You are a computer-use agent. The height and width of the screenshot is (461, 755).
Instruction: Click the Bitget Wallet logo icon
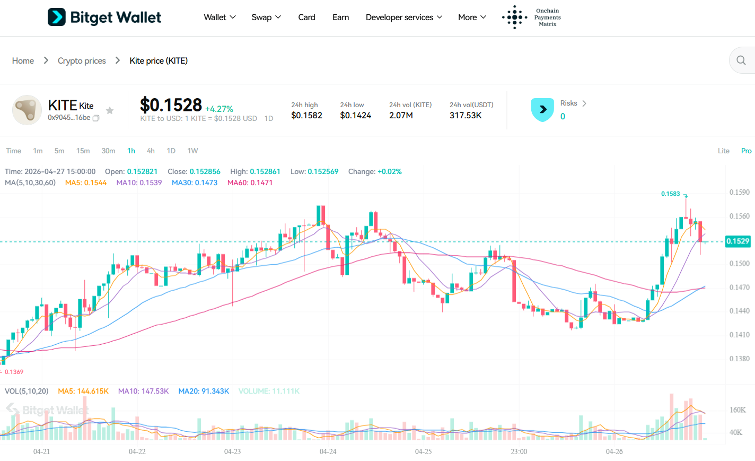(x=57, y=17)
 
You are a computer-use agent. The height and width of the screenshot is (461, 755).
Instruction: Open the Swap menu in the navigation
(x=266, y=18)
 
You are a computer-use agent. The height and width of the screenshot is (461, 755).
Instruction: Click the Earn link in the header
(x=340, y=18)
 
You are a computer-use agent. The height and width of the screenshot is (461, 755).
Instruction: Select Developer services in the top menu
(x=403, y=18)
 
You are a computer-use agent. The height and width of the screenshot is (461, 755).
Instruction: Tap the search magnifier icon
(x=741, y=60)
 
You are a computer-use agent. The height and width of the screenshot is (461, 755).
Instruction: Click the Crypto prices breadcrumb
(x=82, y=61)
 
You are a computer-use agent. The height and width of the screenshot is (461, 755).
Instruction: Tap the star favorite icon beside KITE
(x=110, y=110)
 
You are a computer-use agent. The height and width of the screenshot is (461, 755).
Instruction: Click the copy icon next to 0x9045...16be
(x=96, y=118)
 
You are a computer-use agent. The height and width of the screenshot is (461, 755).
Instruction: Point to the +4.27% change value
(x=219, y=109)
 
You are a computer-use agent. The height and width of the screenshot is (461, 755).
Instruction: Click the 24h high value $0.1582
(x=306, y=115)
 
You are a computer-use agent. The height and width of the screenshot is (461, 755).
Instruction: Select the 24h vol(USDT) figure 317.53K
(x=466, y=115)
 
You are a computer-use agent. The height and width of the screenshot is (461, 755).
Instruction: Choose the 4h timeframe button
(x=151, y=151)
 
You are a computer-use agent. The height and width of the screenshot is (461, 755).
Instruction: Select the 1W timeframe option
(x=192, y=151)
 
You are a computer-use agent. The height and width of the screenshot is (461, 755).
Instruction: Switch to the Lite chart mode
(x=723, y=151)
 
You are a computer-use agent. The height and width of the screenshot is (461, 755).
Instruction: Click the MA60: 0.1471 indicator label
(x=250, y=182)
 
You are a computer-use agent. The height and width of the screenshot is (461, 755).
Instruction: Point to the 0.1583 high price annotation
(x=670, y=194)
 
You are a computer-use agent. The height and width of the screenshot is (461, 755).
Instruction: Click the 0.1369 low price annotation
(x=14, y=372)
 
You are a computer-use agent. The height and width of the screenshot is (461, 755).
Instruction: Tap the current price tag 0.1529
(x=738, y=241)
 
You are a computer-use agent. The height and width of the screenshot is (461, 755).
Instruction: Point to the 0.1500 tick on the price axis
(x=739, y=264)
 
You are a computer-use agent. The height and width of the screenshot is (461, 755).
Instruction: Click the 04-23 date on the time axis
(x=232, y=451)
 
